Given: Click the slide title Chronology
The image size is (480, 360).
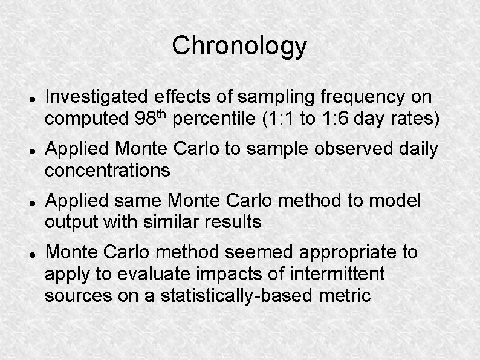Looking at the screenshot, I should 239,46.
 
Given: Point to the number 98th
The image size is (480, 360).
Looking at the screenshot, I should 151,119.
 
